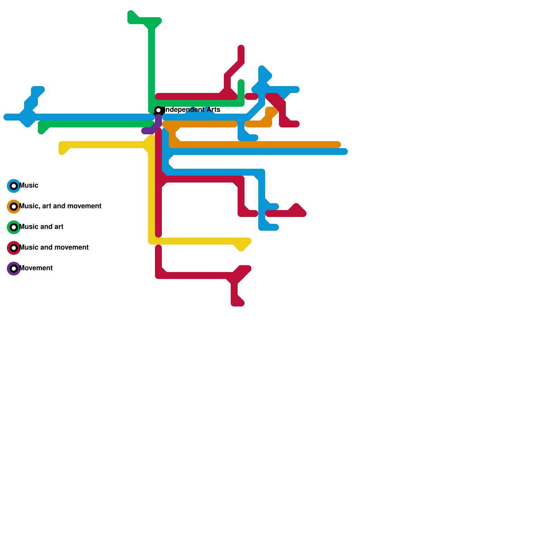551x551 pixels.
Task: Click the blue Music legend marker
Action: point(14,186)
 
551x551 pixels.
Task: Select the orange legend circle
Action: point(14,207)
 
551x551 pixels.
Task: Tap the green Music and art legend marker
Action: point(14,227)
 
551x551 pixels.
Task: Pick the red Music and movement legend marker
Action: point(14,248)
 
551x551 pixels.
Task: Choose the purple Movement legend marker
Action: point(14,269)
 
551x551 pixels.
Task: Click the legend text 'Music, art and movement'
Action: point(60,206)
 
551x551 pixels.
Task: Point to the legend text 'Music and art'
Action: point(41,227)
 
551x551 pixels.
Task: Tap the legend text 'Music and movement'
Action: point(54,248)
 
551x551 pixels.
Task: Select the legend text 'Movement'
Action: point(36,268)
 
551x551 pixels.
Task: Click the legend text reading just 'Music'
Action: point(29,186)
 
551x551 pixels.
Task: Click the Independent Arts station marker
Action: point(158,111)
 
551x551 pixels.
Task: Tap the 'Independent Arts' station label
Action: point(193,110)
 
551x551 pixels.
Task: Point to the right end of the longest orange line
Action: point(338,145)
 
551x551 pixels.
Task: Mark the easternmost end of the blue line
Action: point(345,152)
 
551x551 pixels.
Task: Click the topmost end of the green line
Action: point(131,14)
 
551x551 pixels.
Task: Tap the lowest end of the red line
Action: point(238,303)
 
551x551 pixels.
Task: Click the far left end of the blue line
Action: point(6,117)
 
